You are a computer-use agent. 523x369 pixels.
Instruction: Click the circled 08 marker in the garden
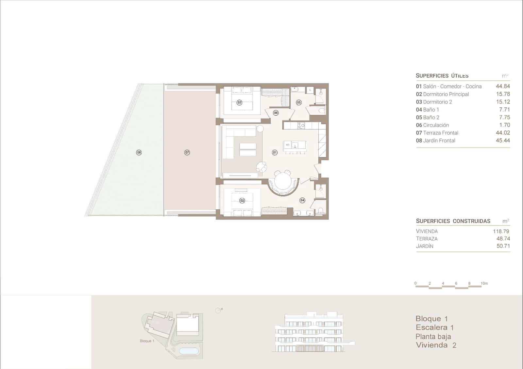pyautogui.click(x=139, y=152)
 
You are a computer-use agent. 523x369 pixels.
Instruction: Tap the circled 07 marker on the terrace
pyautogui.click(x=187, y=152)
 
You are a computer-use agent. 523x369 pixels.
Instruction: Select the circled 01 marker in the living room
pyautogui.click(x=275, y=152)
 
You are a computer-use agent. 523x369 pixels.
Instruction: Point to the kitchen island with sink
pyautogui.click(x=295, y=145)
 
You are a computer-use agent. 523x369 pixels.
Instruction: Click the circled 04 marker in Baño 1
pyautogui.click(x=302, y=200)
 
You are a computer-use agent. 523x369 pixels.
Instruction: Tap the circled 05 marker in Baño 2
pyautogui.click(x=298, y=103)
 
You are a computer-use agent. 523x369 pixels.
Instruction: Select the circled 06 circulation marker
pyautogui.click(x=276, y=113)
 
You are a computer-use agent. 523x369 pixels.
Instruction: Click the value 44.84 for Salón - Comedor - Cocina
pyautogui.click(x=502, y=86)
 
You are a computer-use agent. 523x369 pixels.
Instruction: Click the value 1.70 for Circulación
pyautogui.click(x=504, y=125)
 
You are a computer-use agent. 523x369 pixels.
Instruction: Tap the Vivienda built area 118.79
pyautogui.click(x=501, y=231)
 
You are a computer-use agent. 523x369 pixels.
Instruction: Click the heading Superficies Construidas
pyautogui.click(x=453, y=221)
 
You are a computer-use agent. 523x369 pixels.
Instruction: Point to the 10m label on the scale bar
pyautogui.click(x=484, y=283)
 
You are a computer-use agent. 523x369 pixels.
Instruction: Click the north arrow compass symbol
pyautogui.click(x=218, y=310)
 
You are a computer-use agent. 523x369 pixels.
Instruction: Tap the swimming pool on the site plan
pyautogui.click(x=189, y=351)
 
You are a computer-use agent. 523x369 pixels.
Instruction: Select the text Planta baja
pyautogui.click(x=433, y=336)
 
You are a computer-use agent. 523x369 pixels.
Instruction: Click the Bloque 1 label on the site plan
pyautogui.click(x=147, y=341)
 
